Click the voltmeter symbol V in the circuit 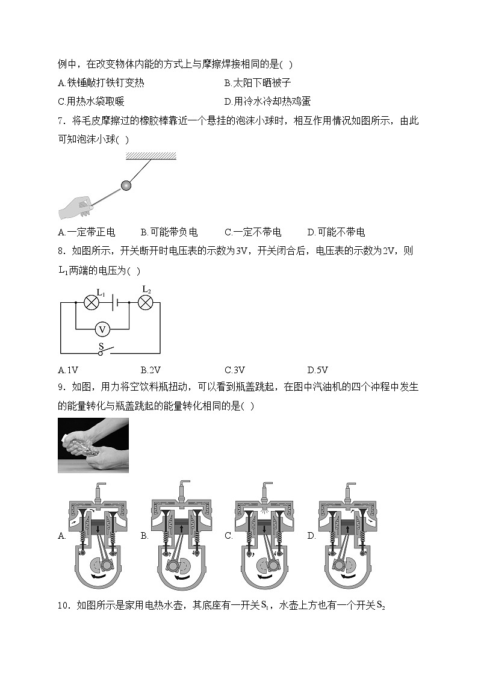click(x=102, y=329)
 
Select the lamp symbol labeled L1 click(x=91, y=302)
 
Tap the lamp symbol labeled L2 click(x=145, y=302)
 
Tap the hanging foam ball click(x=126, y=185)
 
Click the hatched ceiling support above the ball click(x=151, y=156)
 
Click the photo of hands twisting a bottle click(x=93, y=445)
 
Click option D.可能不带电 click(x=335, y=232)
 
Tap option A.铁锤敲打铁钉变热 click(x=101, y=83)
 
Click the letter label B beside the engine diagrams click(x=144, y=535)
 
